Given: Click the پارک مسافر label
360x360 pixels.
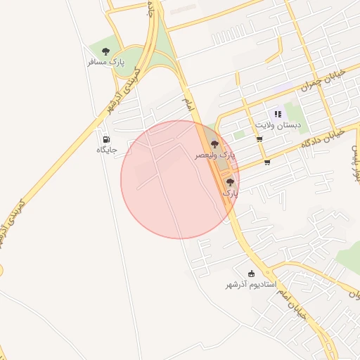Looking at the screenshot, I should coord(106,62).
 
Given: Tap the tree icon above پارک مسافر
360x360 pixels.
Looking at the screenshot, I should coord(106,51).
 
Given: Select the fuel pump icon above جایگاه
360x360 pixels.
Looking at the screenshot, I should coord(106,139).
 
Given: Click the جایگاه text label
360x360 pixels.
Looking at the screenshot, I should coord(107,150).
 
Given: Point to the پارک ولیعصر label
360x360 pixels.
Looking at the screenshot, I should coord(216,154).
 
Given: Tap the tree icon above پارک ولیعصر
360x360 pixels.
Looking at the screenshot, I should coord(214,144).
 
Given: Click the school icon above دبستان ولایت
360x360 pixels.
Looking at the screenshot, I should coord(278,114).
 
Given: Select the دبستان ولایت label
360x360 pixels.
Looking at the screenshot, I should coord(278,124).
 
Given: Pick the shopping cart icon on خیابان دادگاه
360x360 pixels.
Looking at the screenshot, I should coord(267,162).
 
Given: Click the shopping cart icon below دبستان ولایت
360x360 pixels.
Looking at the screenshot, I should coord(259,139).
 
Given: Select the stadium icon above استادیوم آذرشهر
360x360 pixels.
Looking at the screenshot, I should coord(252,274).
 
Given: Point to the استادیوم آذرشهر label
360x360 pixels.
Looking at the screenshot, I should coord(251,285).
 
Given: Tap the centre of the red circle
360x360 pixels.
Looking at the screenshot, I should coord(180,179).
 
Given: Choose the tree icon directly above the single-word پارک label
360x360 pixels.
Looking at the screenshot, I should coord(230,182).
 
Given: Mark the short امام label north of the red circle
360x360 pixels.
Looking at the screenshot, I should coord(187,104).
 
